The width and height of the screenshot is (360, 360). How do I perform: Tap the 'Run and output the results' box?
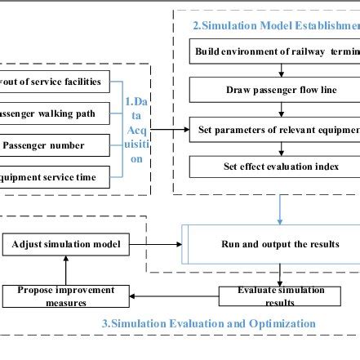tap(274, 244)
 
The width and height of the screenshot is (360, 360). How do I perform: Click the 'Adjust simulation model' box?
tap(64, 244)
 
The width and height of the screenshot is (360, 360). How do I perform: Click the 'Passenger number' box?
tap(54, 146)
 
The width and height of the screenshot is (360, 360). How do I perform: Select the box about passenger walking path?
tap(54, 113)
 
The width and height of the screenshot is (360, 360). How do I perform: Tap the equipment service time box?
tap(54, 176)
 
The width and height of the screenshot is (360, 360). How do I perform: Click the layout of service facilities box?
tap(54, 82)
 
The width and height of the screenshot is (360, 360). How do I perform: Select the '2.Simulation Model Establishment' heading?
tap(276, 25)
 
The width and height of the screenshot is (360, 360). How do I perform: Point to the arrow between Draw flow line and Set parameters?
tap(281, 109)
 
